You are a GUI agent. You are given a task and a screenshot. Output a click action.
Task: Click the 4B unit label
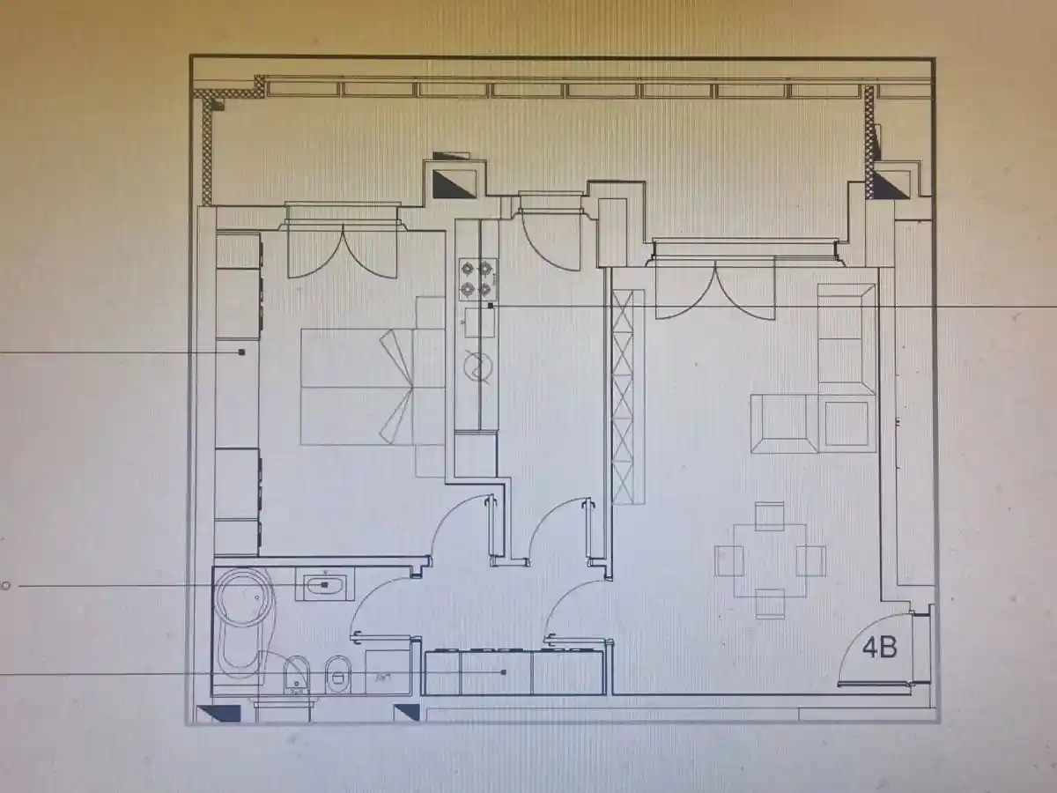click(880, 648)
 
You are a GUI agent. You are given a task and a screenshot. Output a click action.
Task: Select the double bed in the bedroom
click(357, 387)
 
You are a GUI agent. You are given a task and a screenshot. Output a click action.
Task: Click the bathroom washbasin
click(325, 584)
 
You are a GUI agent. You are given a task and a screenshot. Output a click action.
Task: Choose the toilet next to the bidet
click(338, 675)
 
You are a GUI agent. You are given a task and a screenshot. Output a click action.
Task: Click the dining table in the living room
click(771, 561)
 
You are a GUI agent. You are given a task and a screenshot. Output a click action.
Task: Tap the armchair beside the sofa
click(784, 424)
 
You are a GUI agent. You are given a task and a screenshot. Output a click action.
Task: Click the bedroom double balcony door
click(343, 255)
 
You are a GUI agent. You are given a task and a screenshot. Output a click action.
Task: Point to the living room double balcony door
click(715, 289)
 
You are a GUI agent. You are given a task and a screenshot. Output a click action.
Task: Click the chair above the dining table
click(770, 516)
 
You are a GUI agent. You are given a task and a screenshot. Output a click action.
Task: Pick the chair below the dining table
click(771, 604)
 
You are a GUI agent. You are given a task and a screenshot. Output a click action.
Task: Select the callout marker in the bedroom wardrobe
click(241, 352)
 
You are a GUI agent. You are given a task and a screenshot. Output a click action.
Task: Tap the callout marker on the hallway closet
click(504, 671)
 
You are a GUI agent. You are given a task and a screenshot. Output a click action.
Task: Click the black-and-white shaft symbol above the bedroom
click(455, 183)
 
